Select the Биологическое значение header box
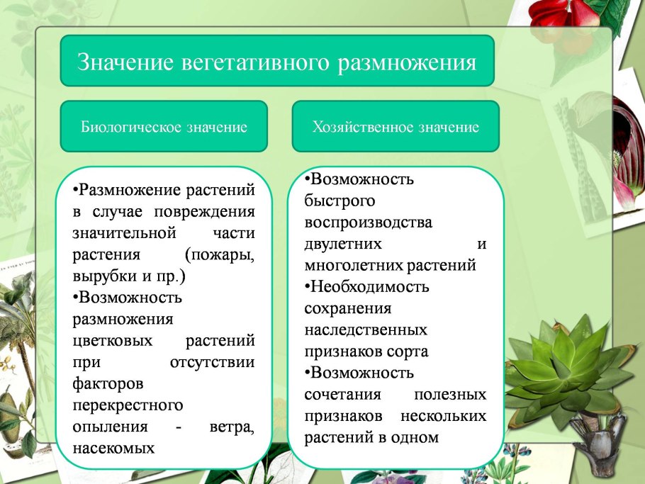click(164, 127)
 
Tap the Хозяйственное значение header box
click(396, 127)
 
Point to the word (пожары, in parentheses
click(219, 254)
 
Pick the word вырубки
click(100, 276)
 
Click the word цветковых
click(112, 341)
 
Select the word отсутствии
click(213, 362)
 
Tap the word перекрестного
click(118, 405)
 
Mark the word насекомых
click(113, 448)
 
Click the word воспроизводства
click(368, 223)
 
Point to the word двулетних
click(343, 244)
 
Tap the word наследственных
click(366, 330)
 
